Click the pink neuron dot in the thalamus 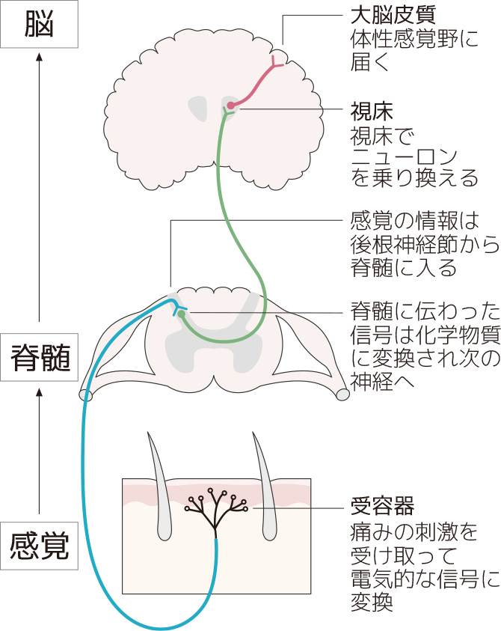[232, 105]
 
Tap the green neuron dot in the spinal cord [182, 313]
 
